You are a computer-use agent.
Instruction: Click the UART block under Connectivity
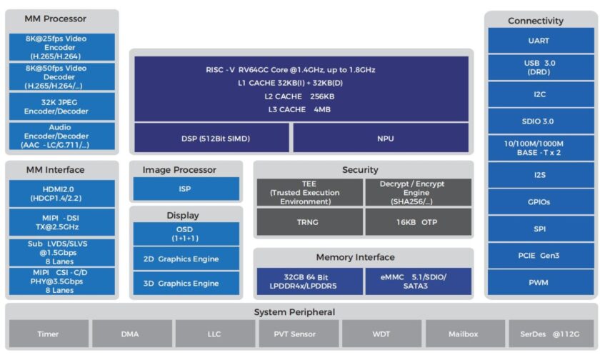[539, 41]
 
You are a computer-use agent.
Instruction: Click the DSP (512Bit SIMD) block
[211, 139]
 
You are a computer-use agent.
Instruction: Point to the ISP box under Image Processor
[186, 189]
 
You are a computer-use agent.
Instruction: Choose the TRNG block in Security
[309, 222]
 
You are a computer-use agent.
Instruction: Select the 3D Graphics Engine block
[186, 283]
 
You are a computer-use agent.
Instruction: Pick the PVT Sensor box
[294, 334]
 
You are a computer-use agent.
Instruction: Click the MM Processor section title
[56, 19]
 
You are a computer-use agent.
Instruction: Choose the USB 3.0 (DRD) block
[539, 68]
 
